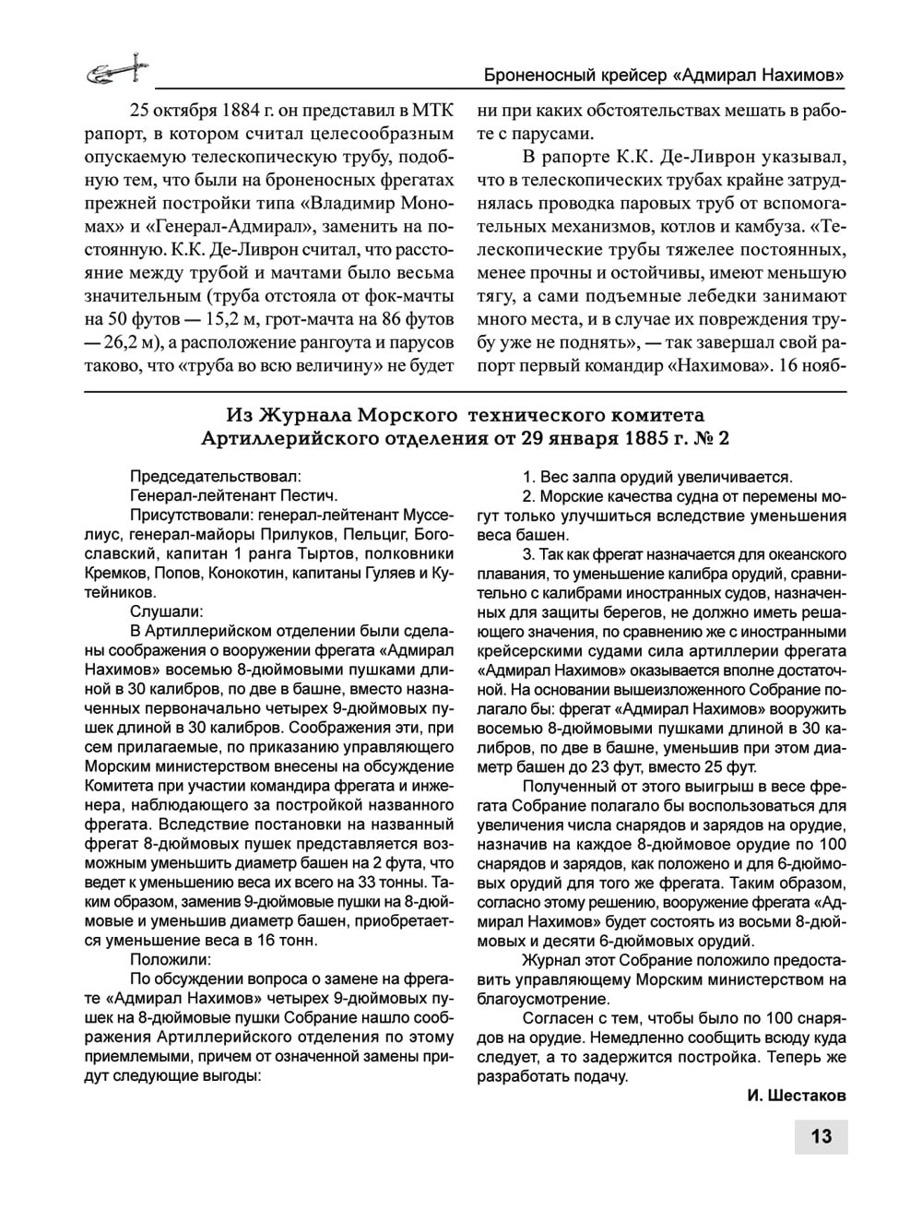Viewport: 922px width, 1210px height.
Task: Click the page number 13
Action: click(821, 1135)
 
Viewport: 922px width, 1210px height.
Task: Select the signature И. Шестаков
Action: click(796, 1096)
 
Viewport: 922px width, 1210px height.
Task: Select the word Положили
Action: click(172, 959)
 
